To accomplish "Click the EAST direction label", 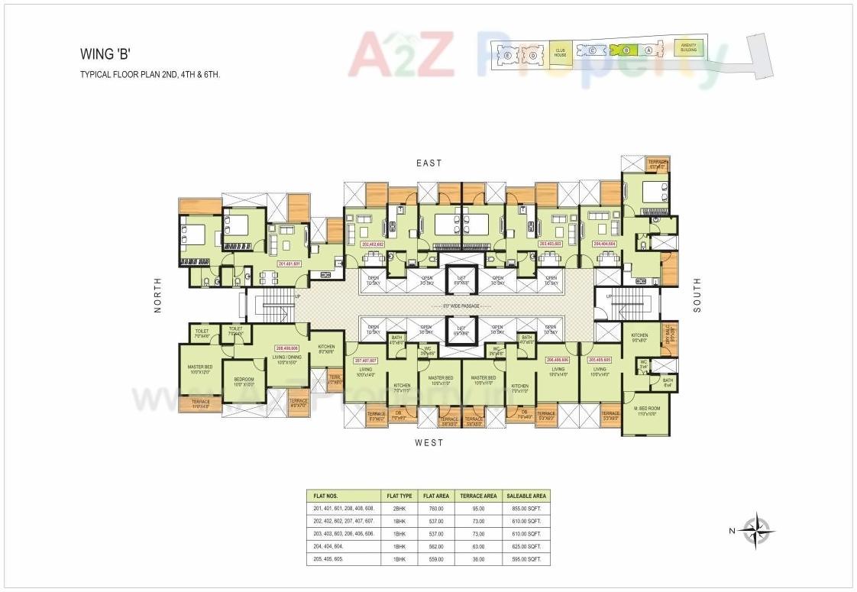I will [428, 163].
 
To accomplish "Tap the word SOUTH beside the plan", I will [697, 295].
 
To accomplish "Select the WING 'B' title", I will [104, 54].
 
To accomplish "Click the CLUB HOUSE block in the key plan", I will [560, 53].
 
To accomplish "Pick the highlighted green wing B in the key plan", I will [626, 50].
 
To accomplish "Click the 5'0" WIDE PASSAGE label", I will [461, 306].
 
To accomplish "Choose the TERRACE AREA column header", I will [478, 496].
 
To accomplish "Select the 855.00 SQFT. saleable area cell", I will [525, 509].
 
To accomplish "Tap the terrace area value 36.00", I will [478, 560].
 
